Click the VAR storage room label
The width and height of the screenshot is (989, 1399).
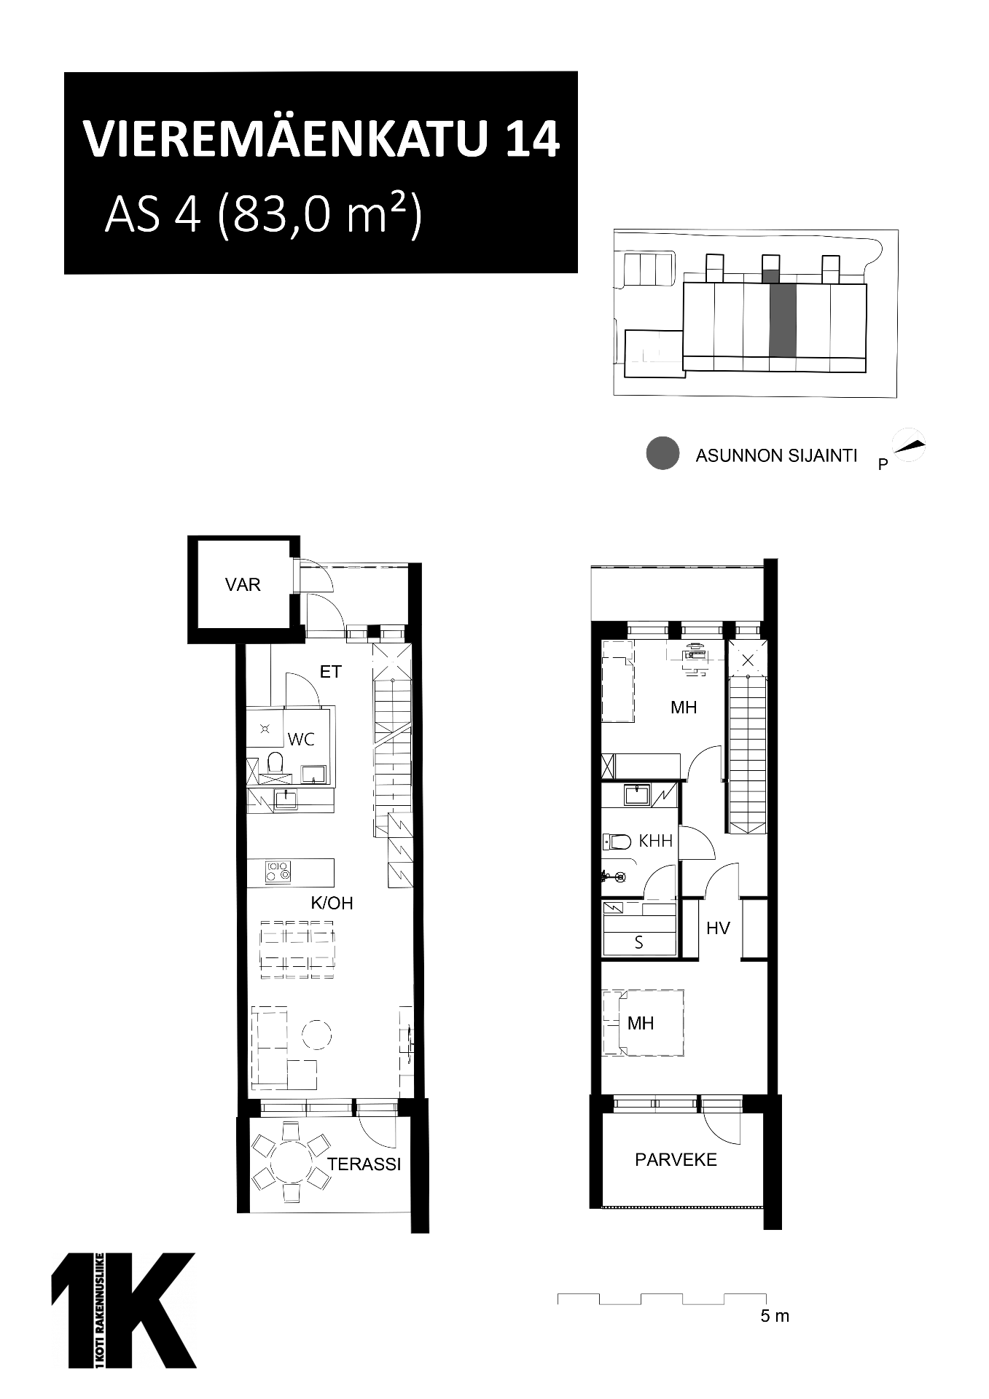tap(243, 584)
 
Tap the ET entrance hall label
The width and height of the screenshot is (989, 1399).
tap(331, 672)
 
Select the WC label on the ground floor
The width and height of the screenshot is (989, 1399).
tap(301, 740)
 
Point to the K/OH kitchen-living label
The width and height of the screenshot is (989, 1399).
tap(332, 904)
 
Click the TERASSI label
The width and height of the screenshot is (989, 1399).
tap(364, 1164)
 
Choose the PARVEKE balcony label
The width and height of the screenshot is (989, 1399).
tap(676, 1160)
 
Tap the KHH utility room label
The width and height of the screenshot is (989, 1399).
tap(655, 841)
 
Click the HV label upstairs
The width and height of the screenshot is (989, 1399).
tap(718, 928)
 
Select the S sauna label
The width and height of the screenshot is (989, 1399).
tap(639, 943)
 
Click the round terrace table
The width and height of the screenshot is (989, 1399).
tap(291, 1164)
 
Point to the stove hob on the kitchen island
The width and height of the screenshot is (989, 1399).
tap(278, 871)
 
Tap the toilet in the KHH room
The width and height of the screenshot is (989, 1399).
tap(617, 842)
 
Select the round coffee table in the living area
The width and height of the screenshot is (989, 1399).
tap(316, 1034)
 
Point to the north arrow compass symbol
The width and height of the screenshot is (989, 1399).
tap(910, 444)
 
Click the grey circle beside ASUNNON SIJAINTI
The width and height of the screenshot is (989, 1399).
tap(662, 453)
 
